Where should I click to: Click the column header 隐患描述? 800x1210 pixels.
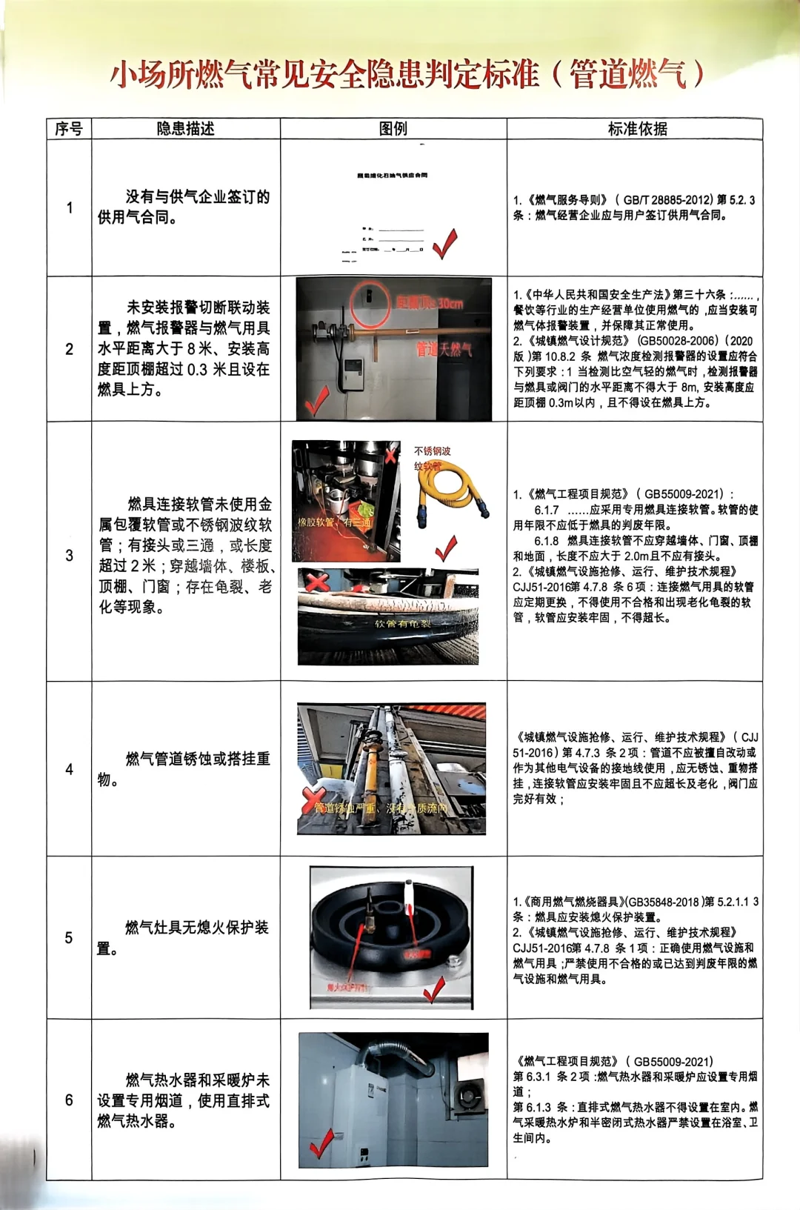185,128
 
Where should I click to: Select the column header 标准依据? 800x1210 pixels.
637,128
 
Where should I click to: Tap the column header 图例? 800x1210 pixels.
393,128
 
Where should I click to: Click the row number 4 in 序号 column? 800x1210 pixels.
69,769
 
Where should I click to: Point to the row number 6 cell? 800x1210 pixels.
69,1100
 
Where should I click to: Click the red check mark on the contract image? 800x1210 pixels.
444,244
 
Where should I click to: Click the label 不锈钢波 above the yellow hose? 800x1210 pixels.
432,451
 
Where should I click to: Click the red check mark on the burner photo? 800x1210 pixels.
433,988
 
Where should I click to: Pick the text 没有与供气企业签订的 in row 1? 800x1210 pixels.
197,196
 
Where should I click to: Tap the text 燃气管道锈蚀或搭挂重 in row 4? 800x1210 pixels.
197,759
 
